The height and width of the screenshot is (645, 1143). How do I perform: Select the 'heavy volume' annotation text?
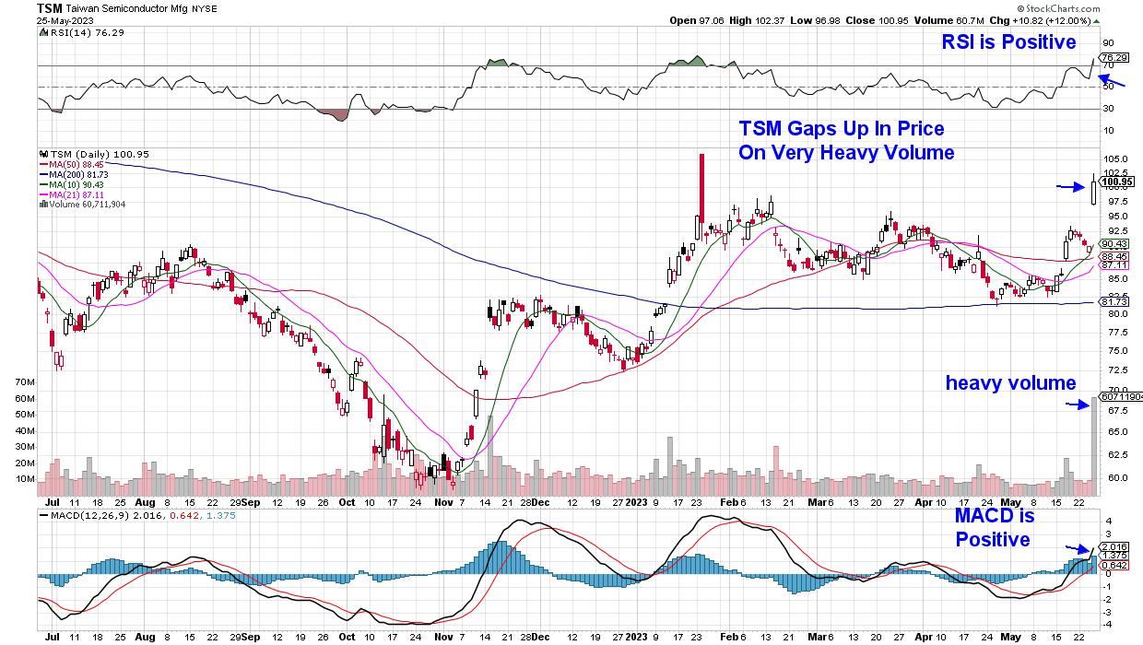1010,383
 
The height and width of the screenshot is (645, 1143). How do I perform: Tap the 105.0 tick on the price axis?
1117,158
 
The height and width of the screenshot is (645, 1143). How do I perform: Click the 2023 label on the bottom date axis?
637,503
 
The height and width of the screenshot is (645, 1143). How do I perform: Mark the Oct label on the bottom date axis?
347,503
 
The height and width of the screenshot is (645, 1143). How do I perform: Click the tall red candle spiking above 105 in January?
702,188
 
